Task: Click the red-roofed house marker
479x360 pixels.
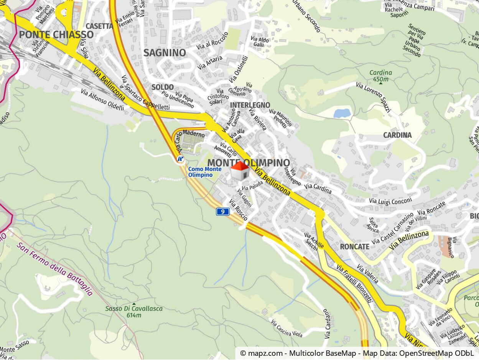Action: (240, 171)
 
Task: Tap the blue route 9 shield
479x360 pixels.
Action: (222, 211)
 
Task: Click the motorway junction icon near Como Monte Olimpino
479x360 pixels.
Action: (181, 159)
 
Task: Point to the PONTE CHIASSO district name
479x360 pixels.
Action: (56, 35)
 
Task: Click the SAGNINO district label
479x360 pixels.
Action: (165, 53)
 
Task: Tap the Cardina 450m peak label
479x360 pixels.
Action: (380, 76)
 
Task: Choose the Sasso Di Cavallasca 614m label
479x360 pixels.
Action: (134, 312)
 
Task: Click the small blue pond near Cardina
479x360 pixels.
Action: (342, 113)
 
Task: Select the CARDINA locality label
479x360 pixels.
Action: (397, 135)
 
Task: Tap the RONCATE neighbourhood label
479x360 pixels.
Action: (354, 246)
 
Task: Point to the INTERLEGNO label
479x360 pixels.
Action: (250, 105)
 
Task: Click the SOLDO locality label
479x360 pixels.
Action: (163, 87)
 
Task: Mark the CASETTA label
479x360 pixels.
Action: (99, 26)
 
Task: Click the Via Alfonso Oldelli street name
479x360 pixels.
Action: (102, 100)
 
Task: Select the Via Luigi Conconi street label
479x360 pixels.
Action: (390, 200)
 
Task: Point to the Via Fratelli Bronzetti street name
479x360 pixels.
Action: (354, 283)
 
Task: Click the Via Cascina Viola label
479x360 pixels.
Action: (286, 328)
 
